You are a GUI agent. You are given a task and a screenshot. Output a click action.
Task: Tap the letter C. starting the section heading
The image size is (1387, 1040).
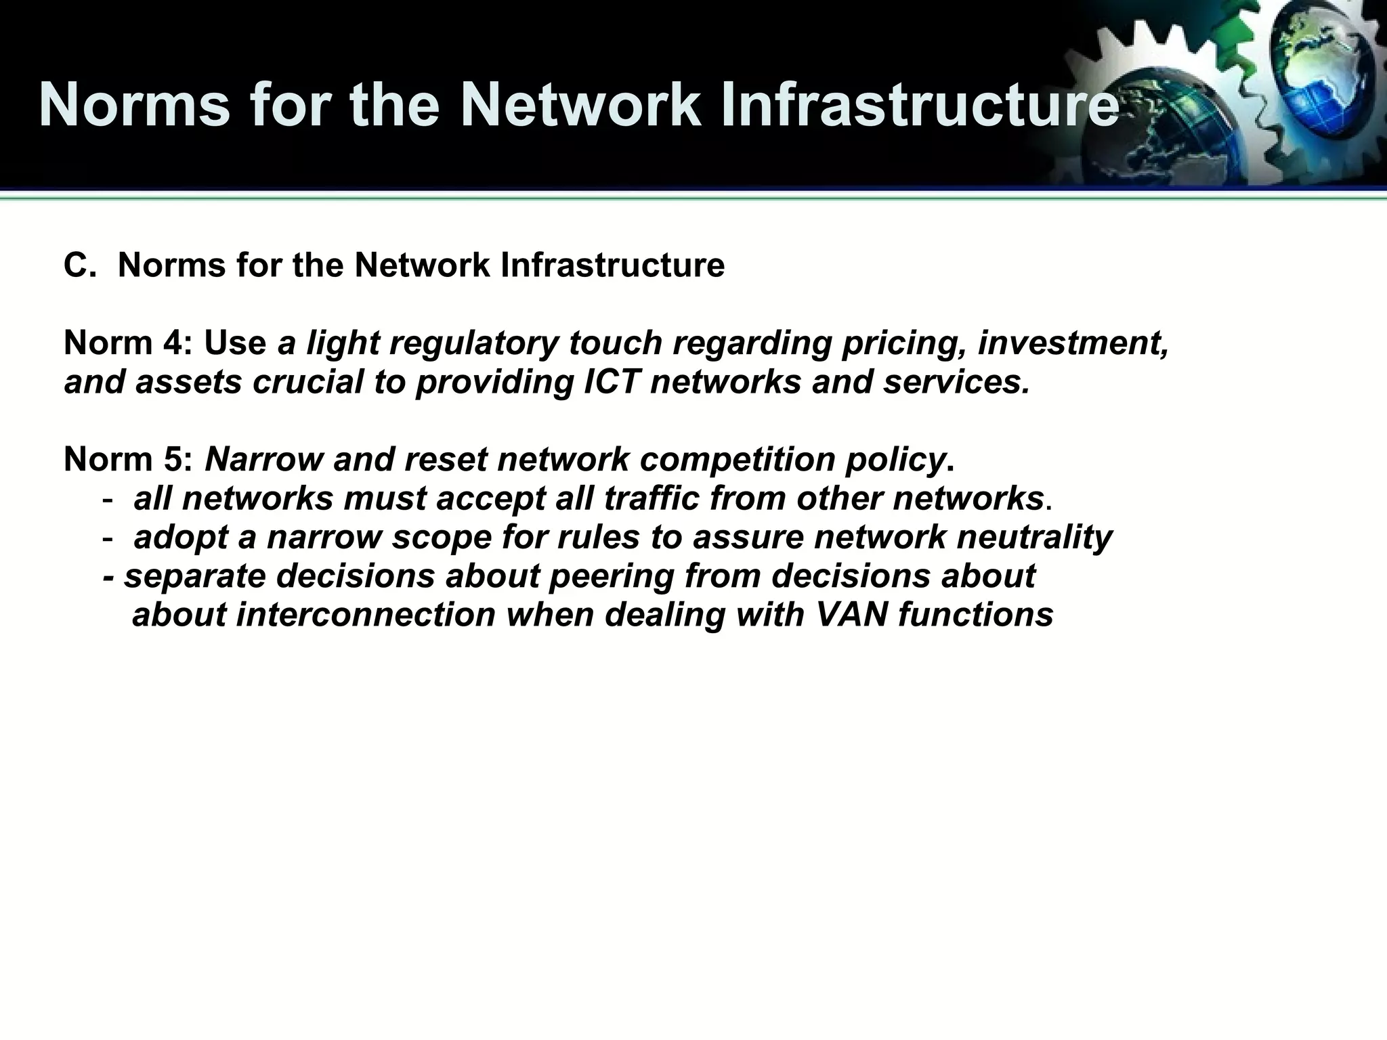coord(80,265)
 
